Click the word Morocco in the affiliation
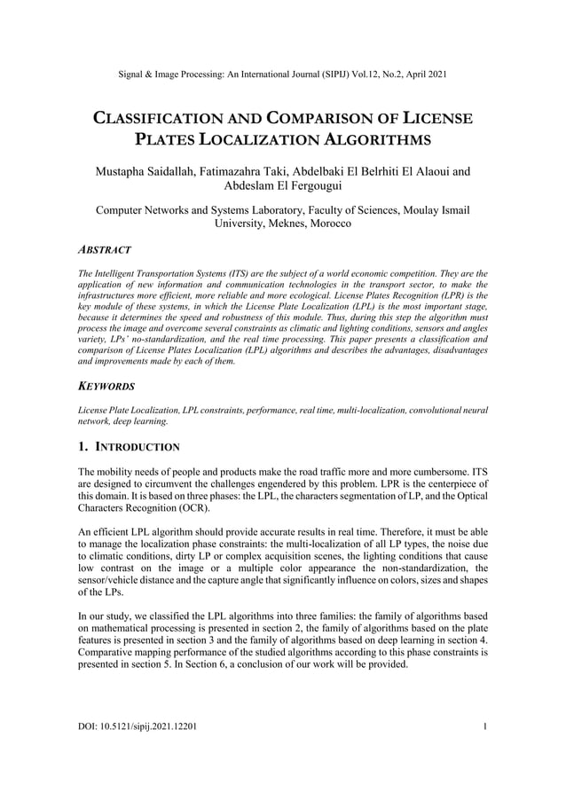click(326, 225)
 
